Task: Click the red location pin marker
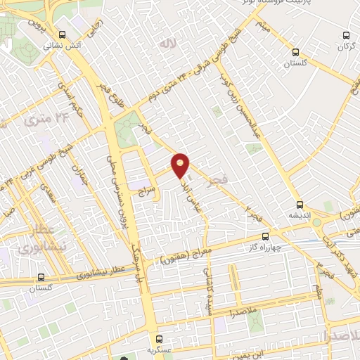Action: tap(181, 165)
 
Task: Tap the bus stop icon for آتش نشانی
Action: tap(63, 34)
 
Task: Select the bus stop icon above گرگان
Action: tap(345, 35)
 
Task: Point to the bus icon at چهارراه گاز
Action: tap(265, 236)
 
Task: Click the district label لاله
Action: tap(167, 44)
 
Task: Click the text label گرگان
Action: tap(345, 46)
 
